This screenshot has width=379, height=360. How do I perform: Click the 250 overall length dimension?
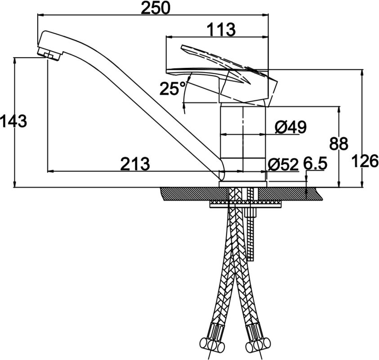(x=156, y=8)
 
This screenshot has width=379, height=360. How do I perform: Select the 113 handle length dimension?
(x=221, y=30)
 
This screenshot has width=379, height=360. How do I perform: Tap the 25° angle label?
(x=173, y=89)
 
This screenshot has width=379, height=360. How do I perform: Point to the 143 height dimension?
(x=13, y=121)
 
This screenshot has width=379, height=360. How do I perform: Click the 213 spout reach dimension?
(x=135, y=164)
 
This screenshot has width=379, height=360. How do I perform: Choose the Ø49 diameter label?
(x=291, y=127)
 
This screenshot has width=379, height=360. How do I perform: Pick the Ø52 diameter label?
(x=283, y=165)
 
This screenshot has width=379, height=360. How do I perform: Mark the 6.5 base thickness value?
(x=315, y=163)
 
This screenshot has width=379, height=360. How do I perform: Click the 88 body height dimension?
(x=339, y=144)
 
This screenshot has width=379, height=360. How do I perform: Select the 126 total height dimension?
(x=365, y=161)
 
